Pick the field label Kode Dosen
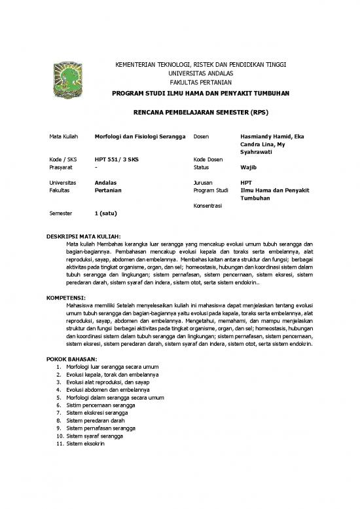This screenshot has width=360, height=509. click(x=208, y=159)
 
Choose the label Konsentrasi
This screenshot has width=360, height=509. click(x=209, y=206)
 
